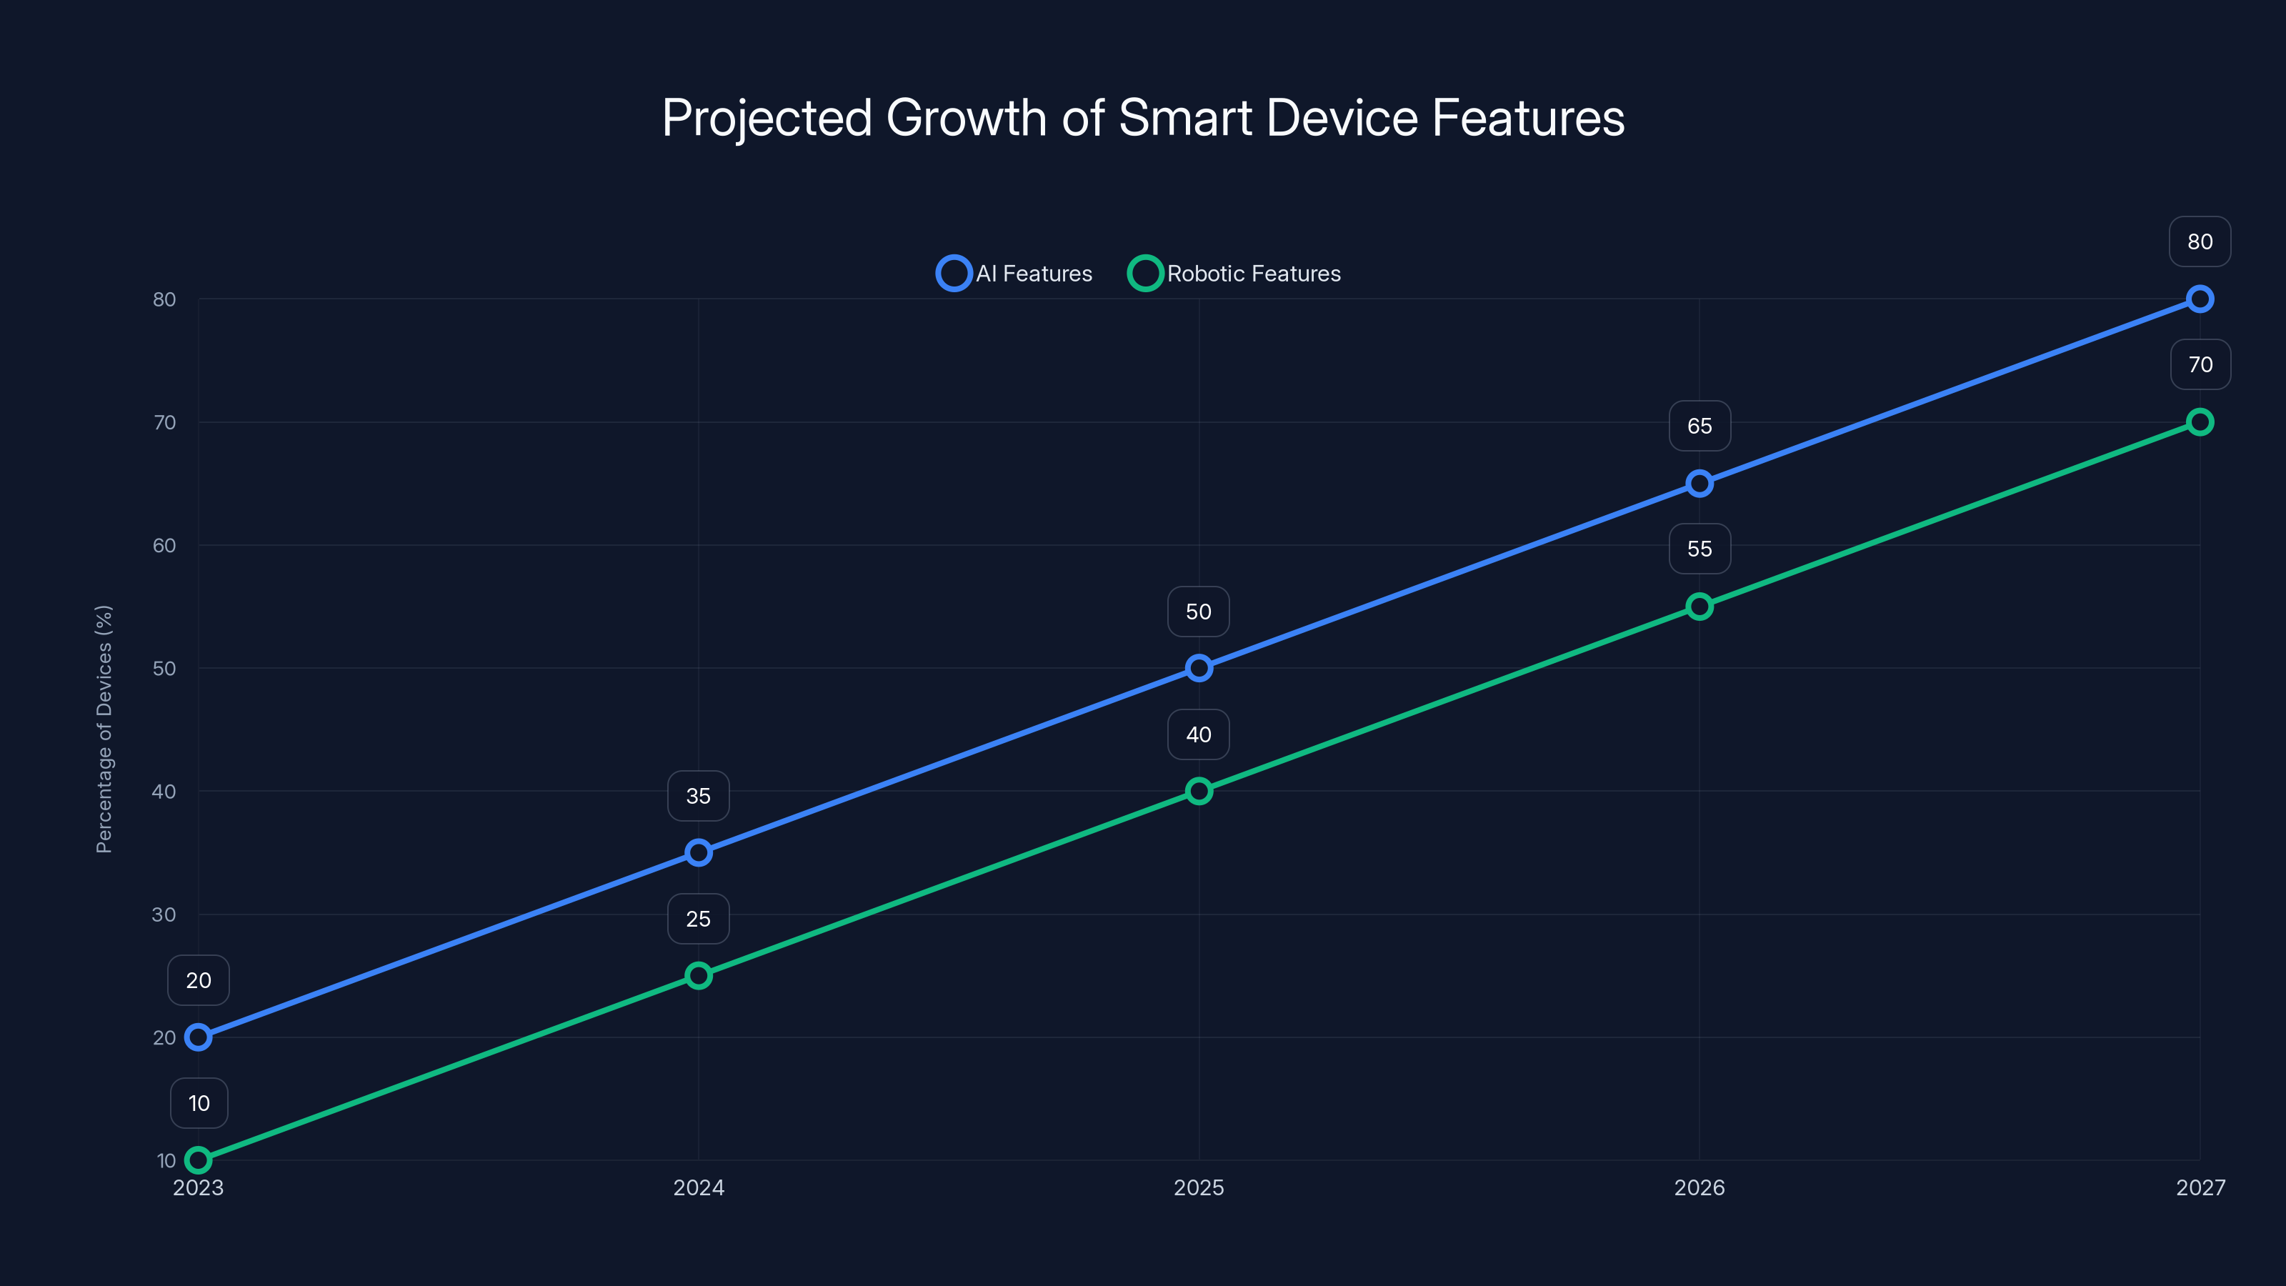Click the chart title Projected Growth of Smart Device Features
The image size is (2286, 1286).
tap(1143, 118)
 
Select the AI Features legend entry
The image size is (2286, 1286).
tap(1014, 274)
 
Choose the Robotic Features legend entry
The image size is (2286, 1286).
tap(1234, 274)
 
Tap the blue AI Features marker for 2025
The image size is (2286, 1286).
tap(1199, 668)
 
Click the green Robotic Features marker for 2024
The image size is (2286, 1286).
tap(699, 975)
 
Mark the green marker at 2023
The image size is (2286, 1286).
tap(198, 1160)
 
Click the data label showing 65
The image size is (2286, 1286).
tap(1699, 426)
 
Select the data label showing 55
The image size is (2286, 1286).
tap(1699, 549)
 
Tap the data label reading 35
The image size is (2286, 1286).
tap(699, 796)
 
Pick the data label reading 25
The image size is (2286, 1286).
tap(699, 919)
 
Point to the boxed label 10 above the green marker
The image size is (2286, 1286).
tap(199, 1103)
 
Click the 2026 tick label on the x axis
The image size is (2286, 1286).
tap(1699, 1187)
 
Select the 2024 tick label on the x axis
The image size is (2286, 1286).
tap(699, 1187)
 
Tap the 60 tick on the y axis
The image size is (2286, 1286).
tap(164, 546)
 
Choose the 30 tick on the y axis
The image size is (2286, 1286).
tap(164, 914)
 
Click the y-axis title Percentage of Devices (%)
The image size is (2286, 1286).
tap(104, 729)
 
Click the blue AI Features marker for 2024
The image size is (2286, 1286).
tap(699, 853)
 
